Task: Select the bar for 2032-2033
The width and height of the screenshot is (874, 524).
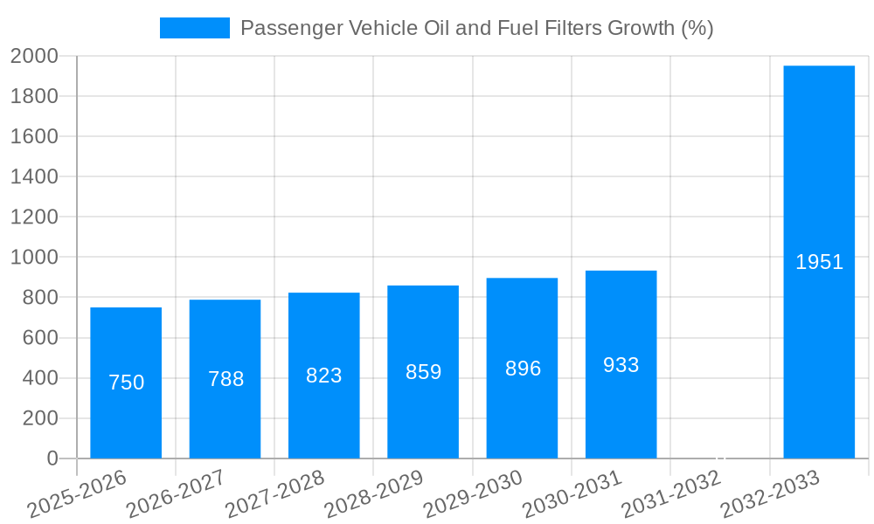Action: click(819, 262)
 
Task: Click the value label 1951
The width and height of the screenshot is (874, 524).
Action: click(819, 262)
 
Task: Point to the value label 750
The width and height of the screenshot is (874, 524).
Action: click(126, 383)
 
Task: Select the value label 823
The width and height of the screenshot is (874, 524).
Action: click(323, 376)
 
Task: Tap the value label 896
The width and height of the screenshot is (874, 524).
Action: click(523, 369)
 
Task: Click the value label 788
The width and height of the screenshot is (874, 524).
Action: click(225, 379)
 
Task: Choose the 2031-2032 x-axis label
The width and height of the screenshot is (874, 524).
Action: click(671, 493)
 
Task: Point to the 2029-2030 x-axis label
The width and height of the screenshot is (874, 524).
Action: click(473, 493)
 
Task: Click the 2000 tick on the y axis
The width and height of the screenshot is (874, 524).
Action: click(34, 56)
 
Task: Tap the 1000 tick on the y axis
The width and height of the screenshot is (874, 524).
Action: click(34, 258)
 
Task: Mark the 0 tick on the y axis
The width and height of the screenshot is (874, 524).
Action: click(52, 458)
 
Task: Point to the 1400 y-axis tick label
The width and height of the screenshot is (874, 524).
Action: click(34, 177)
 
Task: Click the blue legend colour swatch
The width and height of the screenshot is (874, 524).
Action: click(194, 28)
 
